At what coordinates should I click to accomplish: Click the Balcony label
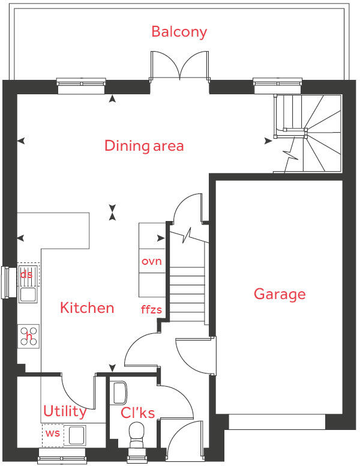pos(179,31)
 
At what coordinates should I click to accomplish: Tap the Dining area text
pos(144,146)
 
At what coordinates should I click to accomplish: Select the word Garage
pos(280,294)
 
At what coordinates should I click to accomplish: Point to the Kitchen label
pos(87,308)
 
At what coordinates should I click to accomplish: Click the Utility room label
pos(65,412)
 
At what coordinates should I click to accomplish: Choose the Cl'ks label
pos(138,413)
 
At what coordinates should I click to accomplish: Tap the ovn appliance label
pos(152,262)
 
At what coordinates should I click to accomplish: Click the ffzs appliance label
pos(151,310)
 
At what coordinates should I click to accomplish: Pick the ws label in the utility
pos(53,434)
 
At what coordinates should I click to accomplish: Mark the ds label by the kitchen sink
pos(26,275)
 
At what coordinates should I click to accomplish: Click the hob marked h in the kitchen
pos(29,336)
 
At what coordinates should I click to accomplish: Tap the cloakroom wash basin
pos(119,392)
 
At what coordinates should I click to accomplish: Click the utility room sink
pos(77,435)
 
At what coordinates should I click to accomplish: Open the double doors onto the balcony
pos(179,66)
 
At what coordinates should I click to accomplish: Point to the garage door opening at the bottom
pos(277,422)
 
